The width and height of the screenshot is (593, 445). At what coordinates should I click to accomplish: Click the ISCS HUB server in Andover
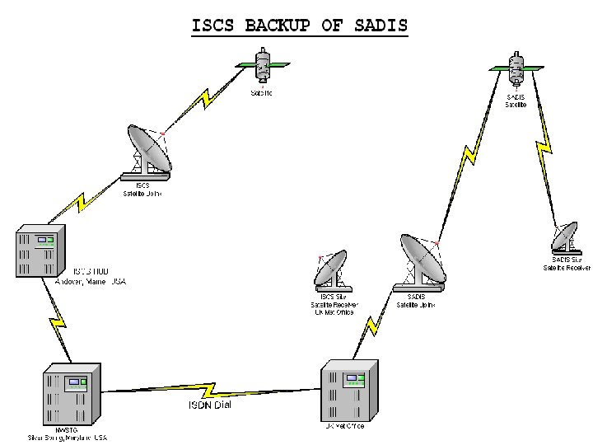point(38,251)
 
